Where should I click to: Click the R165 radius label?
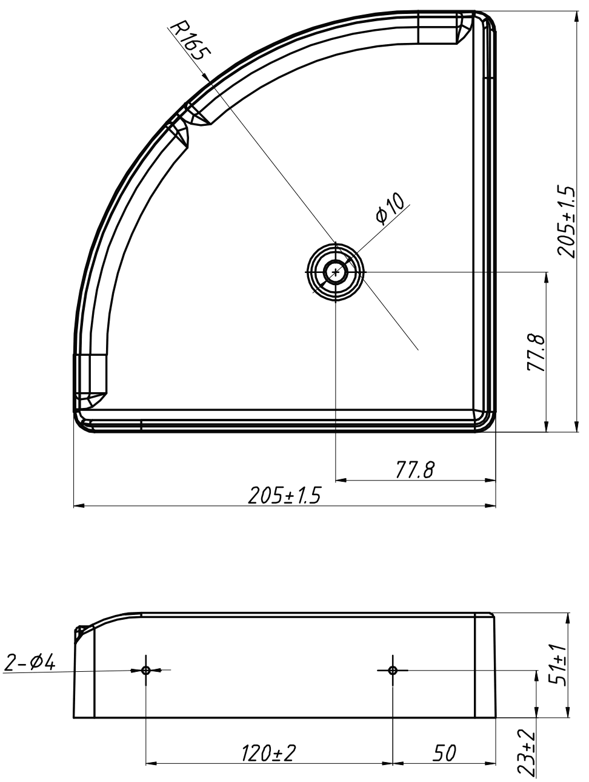coord(191,41)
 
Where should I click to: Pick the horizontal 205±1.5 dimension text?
coord(285,495)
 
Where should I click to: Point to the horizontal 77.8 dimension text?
coord(415,470)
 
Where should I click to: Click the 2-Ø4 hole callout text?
coord(30,663)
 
